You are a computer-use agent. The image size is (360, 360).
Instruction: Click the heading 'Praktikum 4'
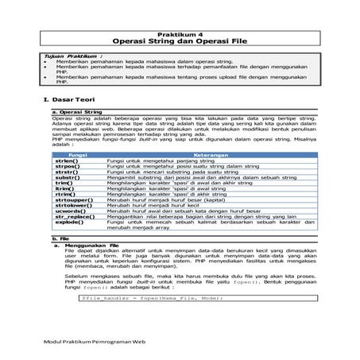(x=180, y=26)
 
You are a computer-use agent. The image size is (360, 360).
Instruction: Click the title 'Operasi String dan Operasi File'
(x=180, y=36)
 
